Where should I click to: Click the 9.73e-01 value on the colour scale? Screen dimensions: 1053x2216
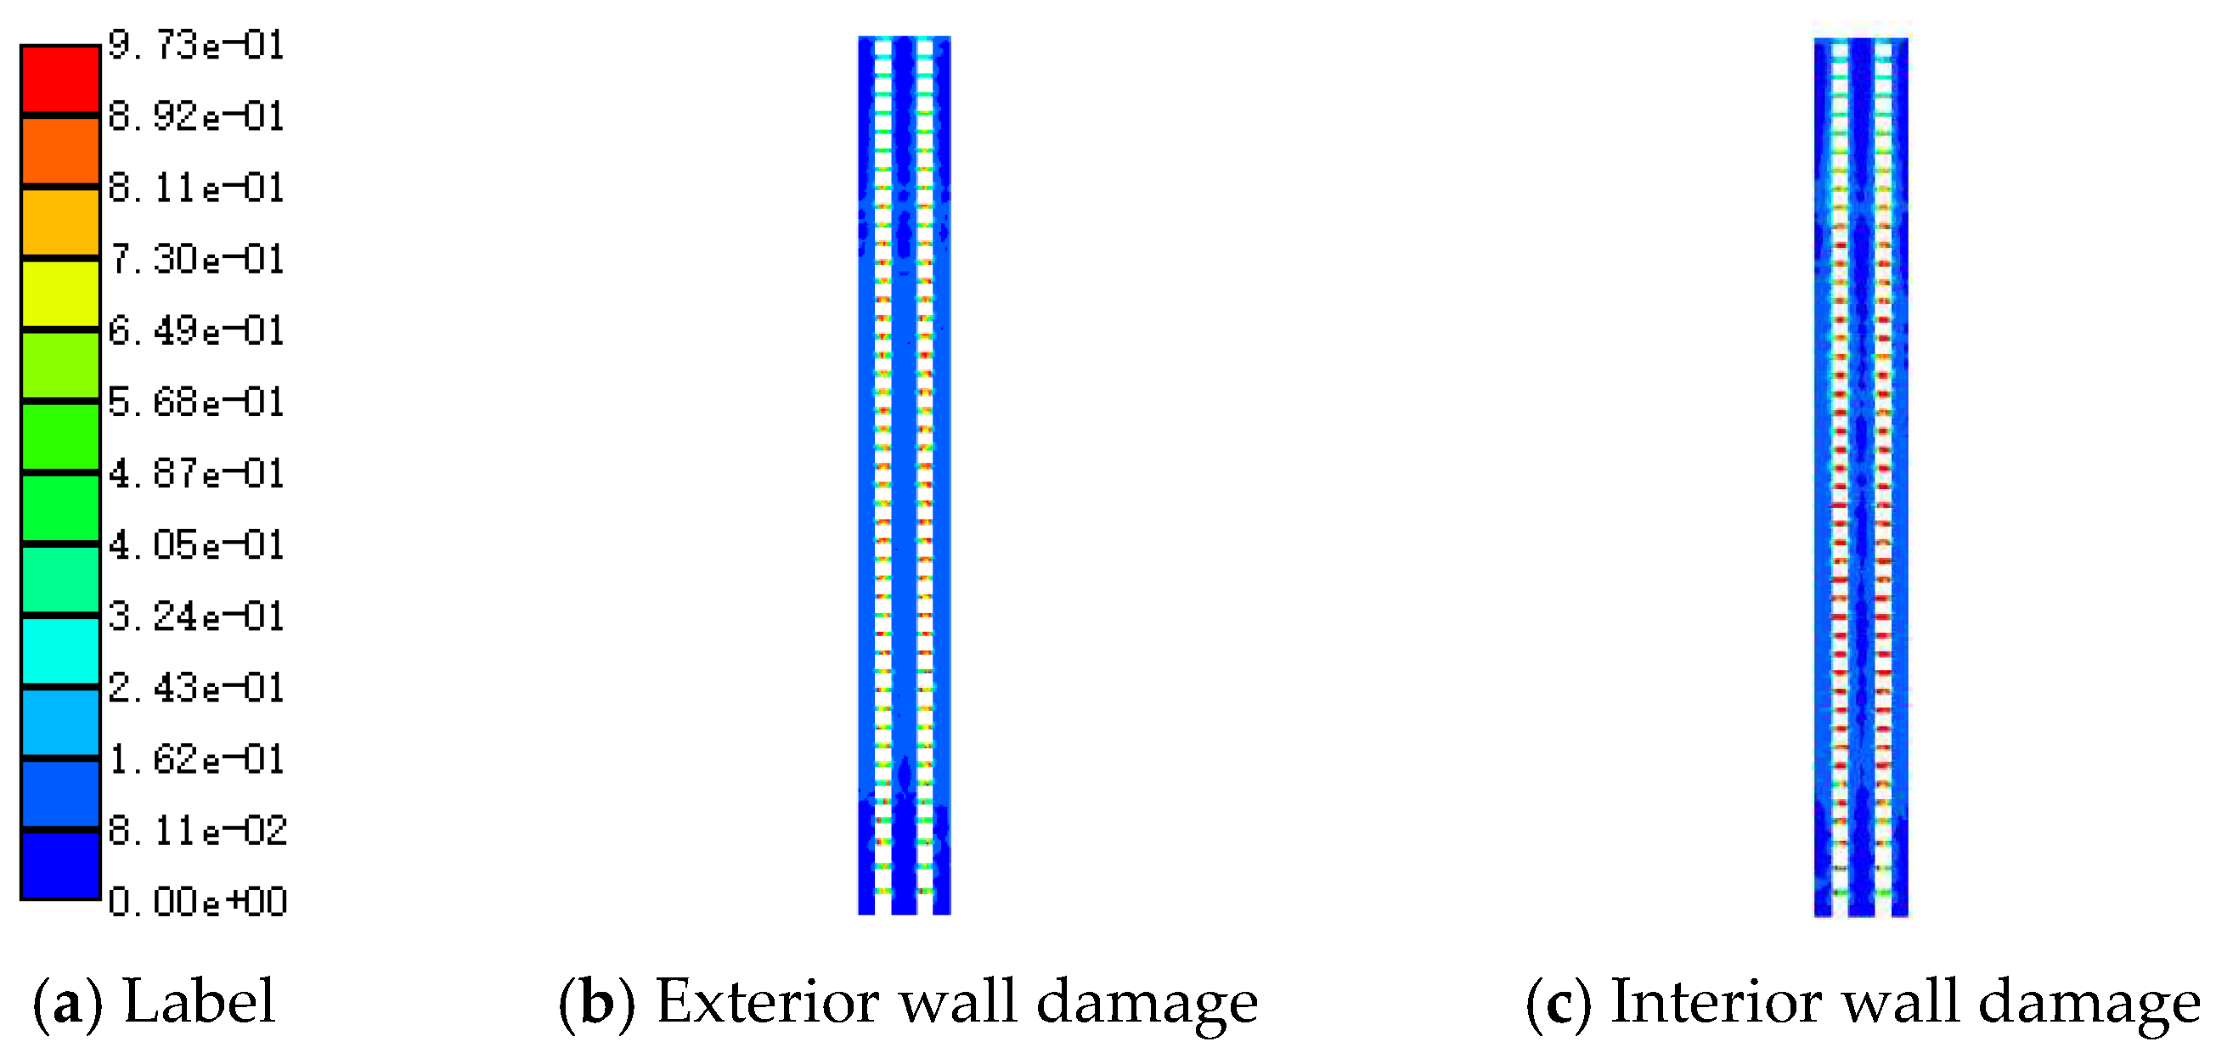tap(196, 45)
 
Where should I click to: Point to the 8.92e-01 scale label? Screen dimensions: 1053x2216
tap(196, 116)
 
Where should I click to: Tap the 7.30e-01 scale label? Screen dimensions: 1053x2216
tap(196, 259)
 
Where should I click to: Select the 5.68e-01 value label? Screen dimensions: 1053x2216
tap(196, 402)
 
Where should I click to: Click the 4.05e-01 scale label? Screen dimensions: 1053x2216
tap(196, 544)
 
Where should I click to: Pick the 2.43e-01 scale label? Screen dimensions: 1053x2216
tap(196, 687)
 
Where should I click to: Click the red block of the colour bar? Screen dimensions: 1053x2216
tap(60, 78)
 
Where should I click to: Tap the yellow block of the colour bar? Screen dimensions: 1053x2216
tap(60, 293)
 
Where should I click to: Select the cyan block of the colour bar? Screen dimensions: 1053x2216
tap(60, 650)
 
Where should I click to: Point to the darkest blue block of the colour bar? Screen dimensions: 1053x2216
tap(60, 865)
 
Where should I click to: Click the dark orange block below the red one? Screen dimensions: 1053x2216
tap(60, 150)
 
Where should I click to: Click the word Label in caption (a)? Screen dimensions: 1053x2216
tap(200, 1001)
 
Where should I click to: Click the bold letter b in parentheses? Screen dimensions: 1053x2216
tap(597, 1003)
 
